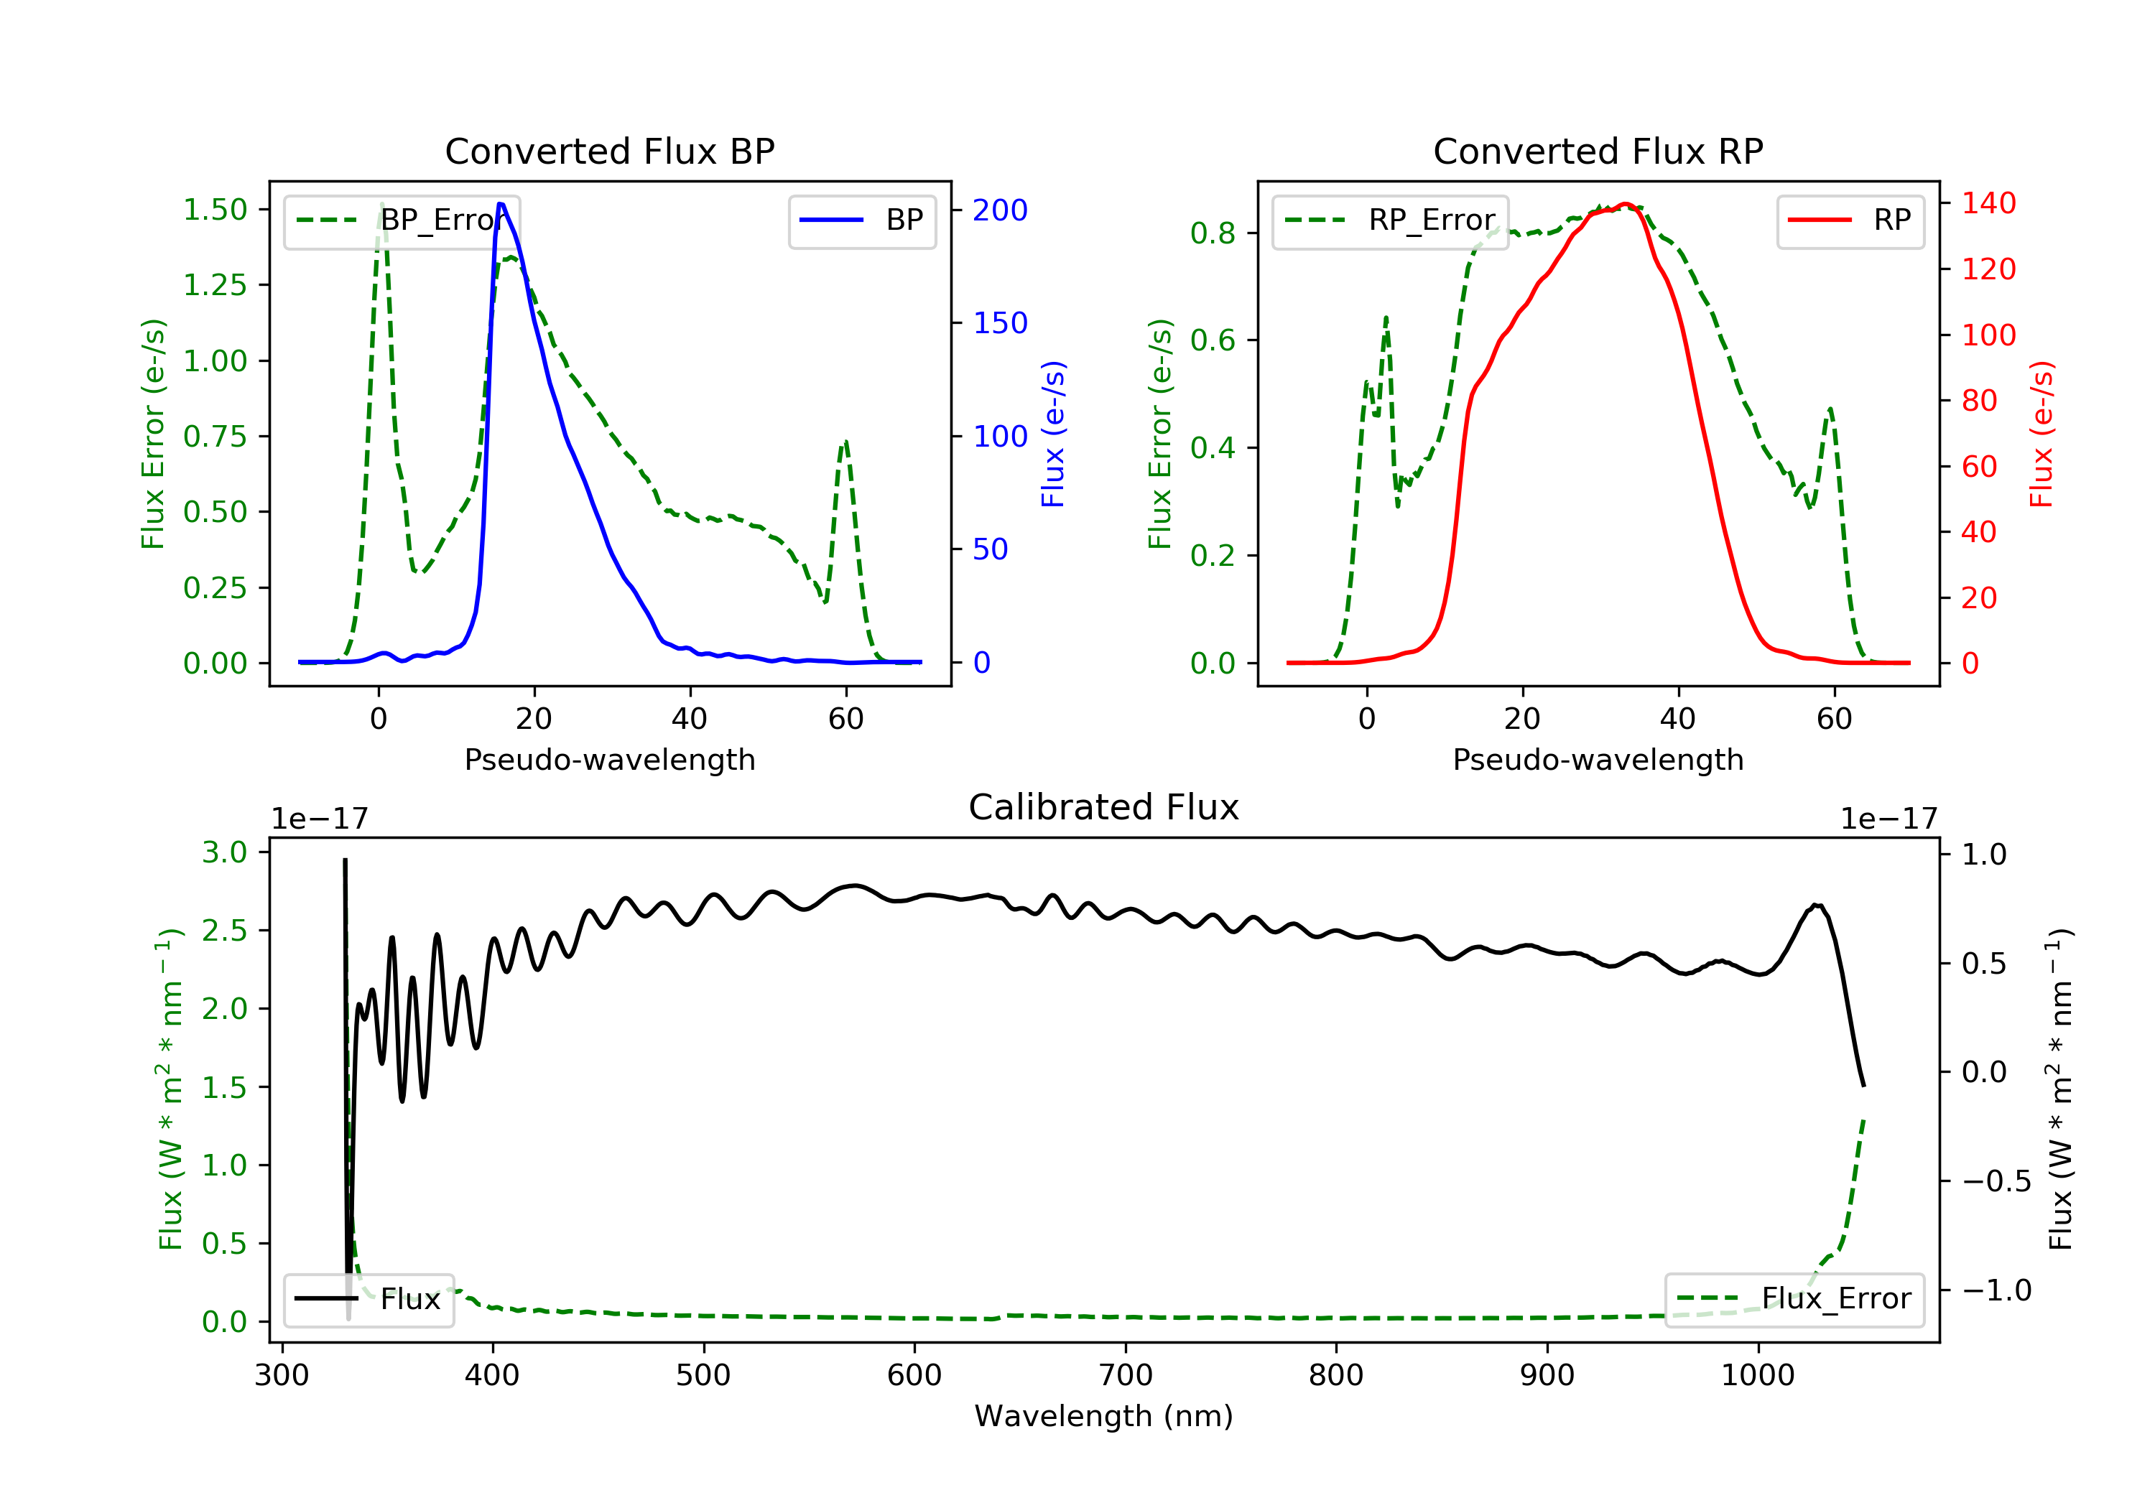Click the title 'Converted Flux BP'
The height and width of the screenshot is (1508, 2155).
pos(609,151)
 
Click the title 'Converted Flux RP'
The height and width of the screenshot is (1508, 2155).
pos(1598,151)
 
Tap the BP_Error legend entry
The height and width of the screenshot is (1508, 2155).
pos(402,220)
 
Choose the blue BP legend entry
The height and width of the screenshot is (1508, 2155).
pos(861,220)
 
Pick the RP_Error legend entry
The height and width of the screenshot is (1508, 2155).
pos(1390,220)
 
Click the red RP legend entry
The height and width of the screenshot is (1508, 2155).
pos(1850,220)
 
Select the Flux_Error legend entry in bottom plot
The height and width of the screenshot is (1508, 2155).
pos(1794,1299)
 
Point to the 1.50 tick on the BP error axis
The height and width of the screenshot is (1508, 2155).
pos(215,209)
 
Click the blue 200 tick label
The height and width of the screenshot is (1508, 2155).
pos(1000,210)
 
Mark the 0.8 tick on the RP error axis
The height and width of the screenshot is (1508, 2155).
pos(1212,233)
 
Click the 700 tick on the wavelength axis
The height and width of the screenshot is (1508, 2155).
pos(1126,1376)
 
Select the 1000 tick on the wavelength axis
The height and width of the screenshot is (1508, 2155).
pos(1757,1376)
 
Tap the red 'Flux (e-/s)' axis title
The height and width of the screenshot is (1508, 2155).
pos(2042,434)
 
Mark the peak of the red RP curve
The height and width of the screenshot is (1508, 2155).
pos(1626,204)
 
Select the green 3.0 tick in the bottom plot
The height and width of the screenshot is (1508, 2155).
pos(224,852)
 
